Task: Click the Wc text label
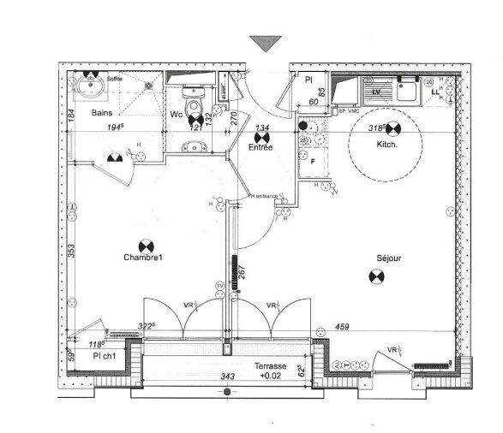176,114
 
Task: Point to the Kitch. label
387,145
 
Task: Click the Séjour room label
388,258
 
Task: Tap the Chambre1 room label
142,258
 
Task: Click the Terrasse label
271,366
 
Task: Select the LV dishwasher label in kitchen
374,88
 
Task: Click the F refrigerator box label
313,160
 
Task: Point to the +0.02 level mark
271,377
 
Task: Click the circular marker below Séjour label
374,276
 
